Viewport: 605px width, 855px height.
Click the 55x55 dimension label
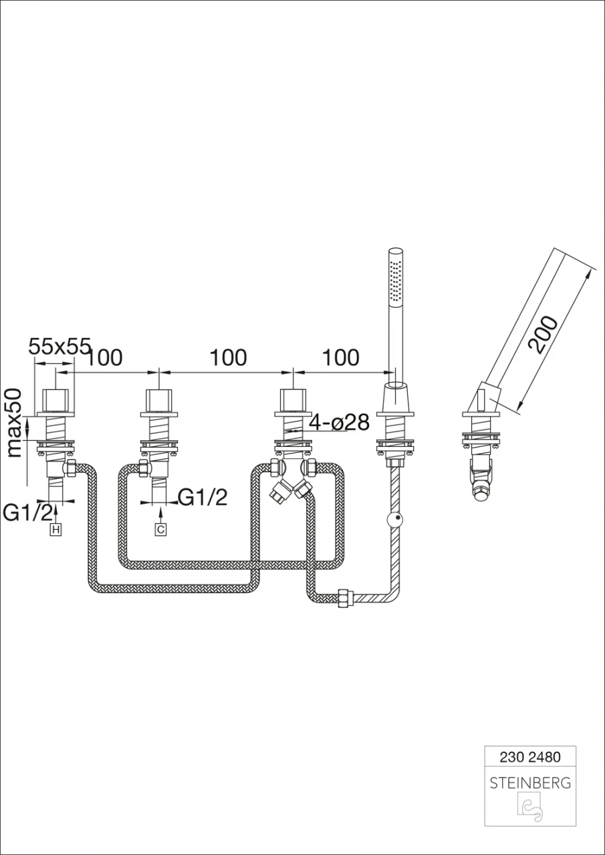(59, 346)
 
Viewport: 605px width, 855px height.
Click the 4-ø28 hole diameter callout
(339, 423)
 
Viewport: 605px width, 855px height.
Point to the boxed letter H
(56, 530)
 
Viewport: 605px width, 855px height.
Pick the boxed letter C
(160, 530)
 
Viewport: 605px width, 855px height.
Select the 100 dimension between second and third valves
(229, 357)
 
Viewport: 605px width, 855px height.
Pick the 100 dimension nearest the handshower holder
(341, 357)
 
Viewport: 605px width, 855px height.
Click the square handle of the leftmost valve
(56, 400)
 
